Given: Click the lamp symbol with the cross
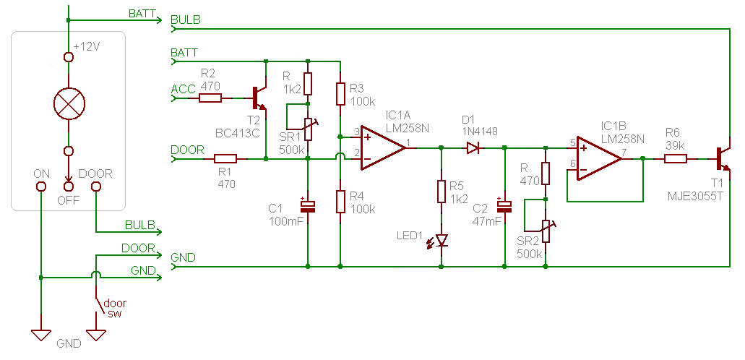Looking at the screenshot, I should point(69,105).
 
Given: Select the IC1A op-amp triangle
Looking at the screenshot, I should point(381,147).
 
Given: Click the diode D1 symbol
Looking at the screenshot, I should point(473,147).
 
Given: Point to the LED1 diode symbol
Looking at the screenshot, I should point(442,240).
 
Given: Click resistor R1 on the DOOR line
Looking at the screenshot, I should point(225,159).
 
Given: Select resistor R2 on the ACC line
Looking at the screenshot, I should point(210,97).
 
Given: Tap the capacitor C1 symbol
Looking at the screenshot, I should point(309,205).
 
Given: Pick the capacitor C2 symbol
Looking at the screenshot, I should point(504,206).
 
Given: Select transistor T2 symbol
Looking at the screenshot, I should point(259,97).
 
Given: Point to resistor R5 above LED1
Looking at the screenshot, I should point(442,192).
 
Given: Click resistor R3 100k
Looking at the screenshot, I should point(339,93).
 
